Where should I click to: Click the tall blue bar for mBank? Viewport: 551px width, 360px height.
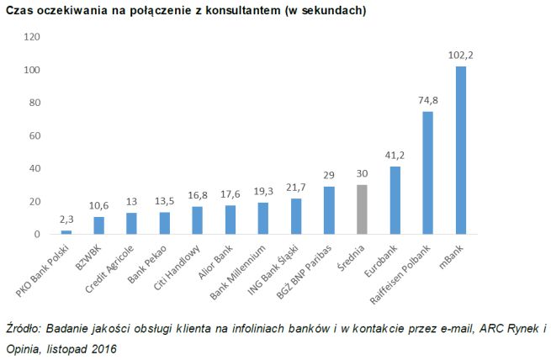(460, 150)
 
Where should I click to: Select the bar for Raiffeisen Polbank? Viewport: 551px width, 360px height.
(427, 172)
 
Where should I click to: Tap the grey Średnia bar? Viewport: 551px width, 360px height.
(362, 209)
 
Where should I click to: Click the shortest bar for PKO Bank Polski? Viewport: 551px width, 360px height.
(66, 232)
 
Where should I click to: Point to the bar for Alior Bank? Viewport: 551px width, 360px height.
(230, 220)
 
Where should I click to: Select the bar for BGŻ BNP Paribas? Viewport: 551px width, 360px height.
(329, 210)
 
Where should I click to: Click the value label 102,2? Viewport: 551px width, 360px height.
(460, 55)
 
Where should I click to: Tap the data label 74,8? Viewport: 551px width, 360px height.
(427, 100)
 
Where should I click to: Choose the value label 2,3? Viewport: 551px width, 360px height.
(66, 219)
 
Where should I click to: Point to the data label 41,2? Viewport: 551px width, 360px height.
(395, 155)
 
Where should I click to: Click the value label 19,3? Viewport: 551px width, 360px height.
(263, 191)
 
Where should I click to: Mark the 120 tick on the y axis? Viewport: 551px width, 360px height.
(32, 38)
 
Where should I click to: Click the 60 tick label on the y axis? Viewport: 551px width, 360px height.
(34, 136)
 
